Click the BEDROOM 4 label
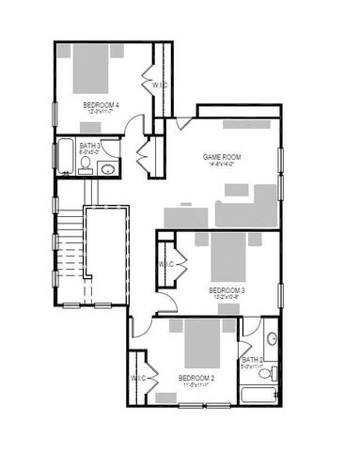101,104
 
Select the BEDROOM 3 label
227,290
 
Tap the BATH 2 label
251,359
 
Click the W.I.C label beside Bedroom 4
160,85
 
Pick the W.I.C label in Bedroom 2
138,378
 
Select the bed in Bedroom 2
196,345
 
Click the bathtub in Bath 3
66,157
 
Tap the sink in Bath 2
272,339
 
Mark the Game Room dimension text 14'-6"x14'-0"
223,164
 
